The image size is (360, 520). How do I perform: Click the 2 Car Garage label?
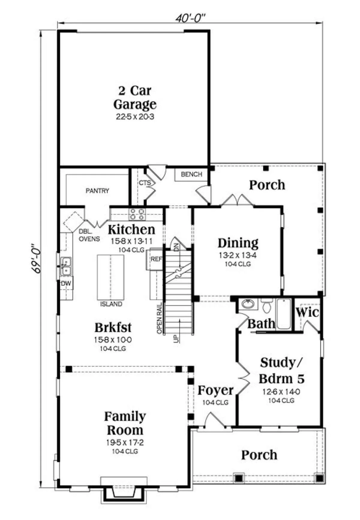135,97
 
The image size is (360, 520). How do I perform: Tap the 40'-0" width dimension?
190,18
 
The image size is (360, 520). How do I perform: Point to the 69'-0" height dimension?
36,258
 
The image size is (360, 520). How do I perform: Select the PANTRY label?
97,191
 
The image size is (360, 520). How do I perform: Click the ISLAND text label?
111,304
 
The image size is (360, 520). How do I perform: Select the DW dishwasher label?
66,283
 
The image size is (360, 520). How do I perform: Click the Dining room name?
238,243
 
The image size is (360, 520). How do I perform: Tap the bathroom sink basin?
248,304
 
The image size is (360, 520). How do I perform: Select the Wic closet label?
307,312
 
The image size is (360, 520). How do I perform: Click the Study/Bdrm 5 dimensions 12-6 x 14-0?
281,392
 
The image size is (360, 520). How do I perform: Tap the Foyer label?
215,390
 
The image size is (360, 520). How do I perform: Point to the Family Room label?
125,423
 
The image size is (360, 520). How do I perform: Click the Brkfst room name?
113,327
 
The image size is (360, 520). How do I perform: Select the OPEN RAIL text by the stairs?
160,318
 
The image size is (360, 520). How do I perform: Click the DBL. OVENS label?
89,235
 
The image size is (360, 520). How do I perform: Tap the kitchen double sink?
65,266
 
